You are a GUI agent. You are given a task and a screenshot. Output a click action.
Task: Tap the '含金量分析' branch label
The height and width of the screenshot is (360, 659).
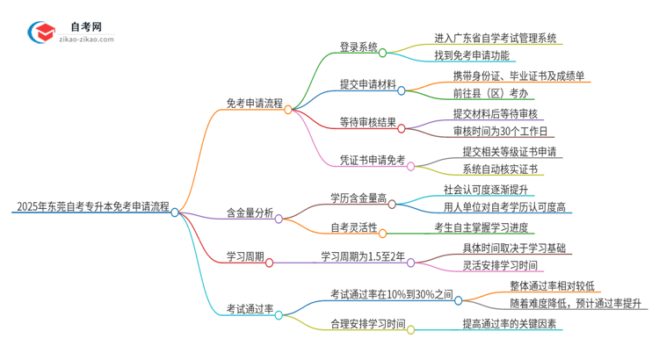tap(249, 212)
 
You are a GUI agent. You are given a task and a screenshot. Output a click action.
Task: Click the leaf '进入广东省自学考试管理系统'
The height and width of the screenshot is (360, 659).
tap(497, 39)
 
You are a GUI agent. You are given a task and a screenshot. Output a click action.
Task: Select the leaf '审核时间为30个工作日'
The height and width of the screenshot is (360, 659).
tap(501, 132)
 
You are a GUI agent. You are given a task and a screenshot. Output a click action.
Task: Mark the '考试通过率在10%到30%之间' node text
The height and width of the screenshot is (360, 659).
tap(390, 294)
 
